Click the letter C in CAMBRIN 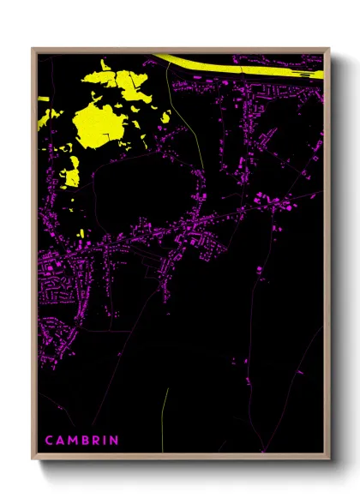(49, 441)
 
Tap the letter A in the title (61, 441)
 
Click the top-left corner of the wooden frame (33, 49)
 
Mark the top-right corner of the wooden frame (329, 49)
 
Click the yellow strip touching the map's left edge (44, 112)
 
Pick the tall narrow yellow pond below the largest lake (71, 175)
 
